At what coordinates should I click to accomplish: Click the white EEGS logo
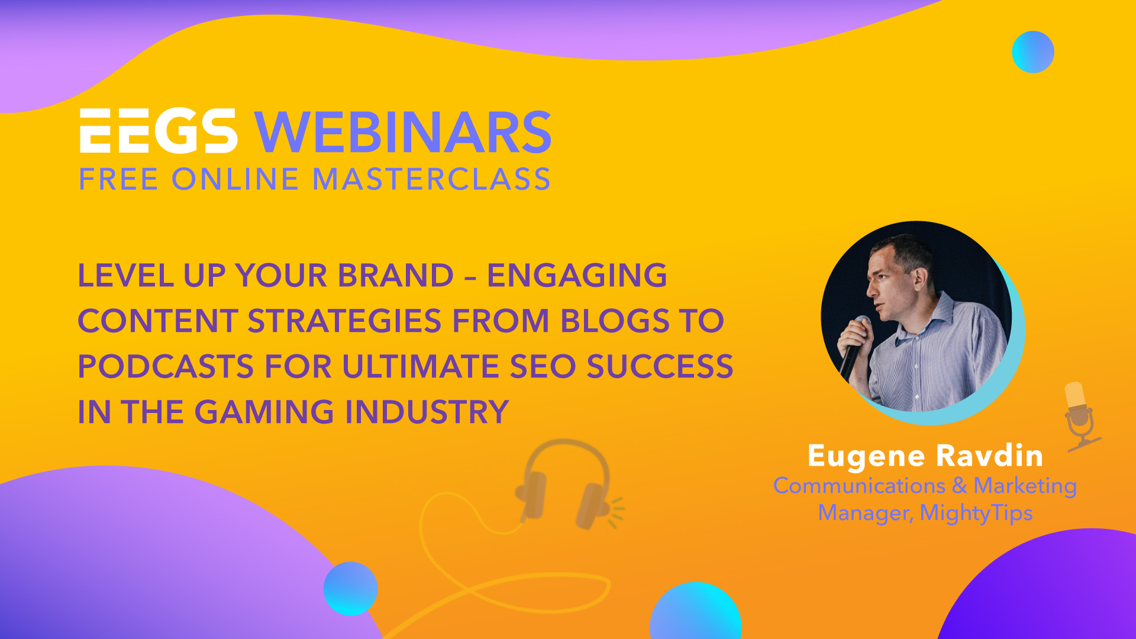tap(159, 131)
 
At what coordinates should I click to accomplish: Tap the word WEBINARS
tap(404, 132)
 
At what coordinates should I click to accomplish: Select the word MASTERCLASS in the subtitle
tap(431, 179)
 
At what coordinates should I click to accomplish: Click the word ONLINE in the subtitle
tap(235, 179)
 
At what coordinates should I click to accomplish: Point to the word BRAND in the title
tap(395, 276)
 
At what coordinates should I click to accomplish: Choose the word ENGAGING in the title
tap(577, 276)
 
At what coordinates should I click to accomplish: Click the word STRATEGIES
tap(344, 321)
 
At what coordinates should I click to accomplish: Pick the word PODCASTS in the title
tap(166, 367)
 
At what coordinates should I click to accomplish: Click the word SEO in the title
tap(543, 367)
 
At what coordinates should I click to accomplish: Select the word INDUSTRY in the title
tap(427, 412)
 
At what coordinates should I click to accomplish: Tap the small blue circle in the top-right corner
tap(1033, 52)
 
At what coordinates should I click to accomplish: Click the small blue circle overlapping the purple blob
tap(350, 589)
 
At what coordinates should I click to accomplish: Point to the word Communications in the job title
tap(859, 486)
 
